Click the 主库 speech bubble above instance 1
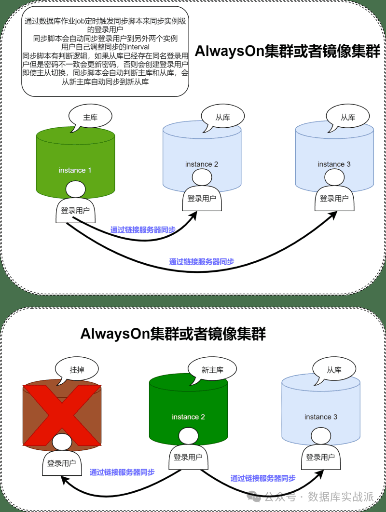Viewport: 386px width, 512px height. (90, 117)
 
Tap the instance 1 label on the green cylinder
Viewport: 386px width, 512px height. (75, 170)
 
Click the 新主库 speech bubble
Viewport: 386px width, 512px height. (212, 370)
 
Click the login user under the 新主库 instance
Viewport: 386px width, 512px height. (188, 451)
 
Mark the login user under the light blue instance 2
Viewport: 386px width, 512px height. (202, 193)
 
